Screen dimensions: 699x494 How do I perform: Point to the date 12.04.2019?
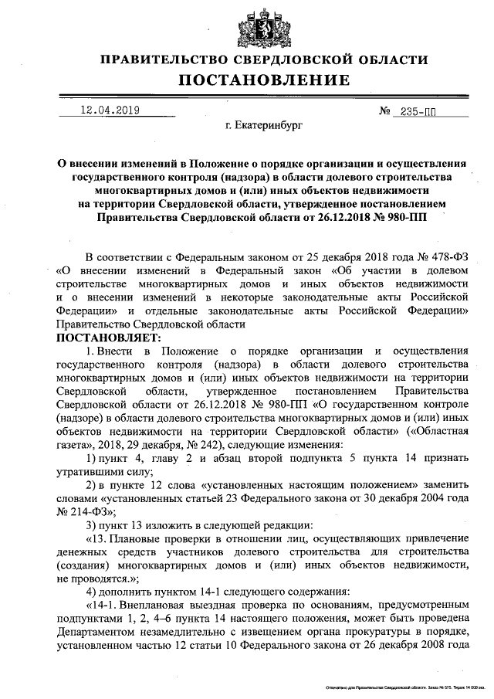click(110, 110)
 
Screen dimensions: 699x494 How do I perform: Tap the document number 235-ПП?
click(418, 111)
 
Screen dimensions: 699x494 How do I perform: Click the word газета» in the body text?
click(78, 446)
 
